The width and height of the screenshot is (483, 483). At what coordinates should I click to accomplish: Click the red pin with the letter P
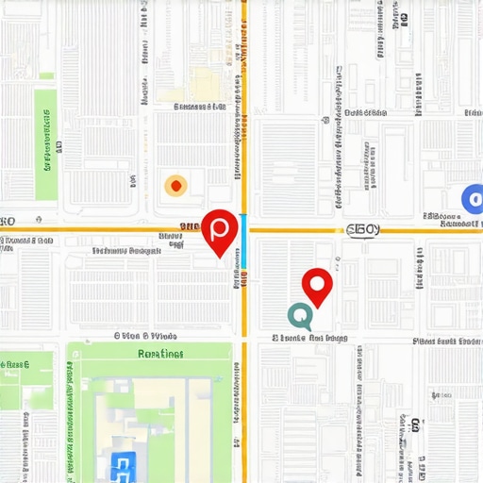220,229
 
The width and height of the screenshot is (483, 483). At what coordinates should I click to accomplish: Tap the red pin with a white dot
317,285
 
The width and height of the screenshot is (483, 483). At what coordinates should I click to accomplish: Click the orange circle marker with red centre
175,185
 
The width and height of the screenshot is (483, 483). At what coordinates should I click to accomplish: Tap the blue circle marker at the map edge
473,198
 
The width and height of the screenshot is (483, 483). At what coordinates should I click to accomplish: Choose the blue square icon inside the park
123,463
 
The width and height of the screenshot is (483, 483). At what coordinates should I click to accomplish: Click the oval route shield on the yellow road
362,229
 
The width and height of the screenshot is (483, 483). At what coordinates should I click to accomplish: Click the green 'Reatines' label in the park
160,355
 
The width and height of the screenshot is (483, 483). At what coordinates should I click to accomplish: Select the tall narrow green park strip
44,143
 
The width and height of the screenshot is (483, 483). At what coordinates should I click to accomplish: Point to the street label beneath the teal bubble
311,337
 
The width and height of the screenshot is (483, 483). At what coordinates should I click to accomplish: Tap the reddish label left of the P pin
188,226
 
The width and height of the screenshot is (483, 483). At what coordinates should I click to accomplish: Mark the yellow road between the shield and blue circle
415,229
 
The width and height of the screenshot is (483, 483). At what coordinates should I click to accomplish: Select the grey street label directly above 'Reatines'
146,335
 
